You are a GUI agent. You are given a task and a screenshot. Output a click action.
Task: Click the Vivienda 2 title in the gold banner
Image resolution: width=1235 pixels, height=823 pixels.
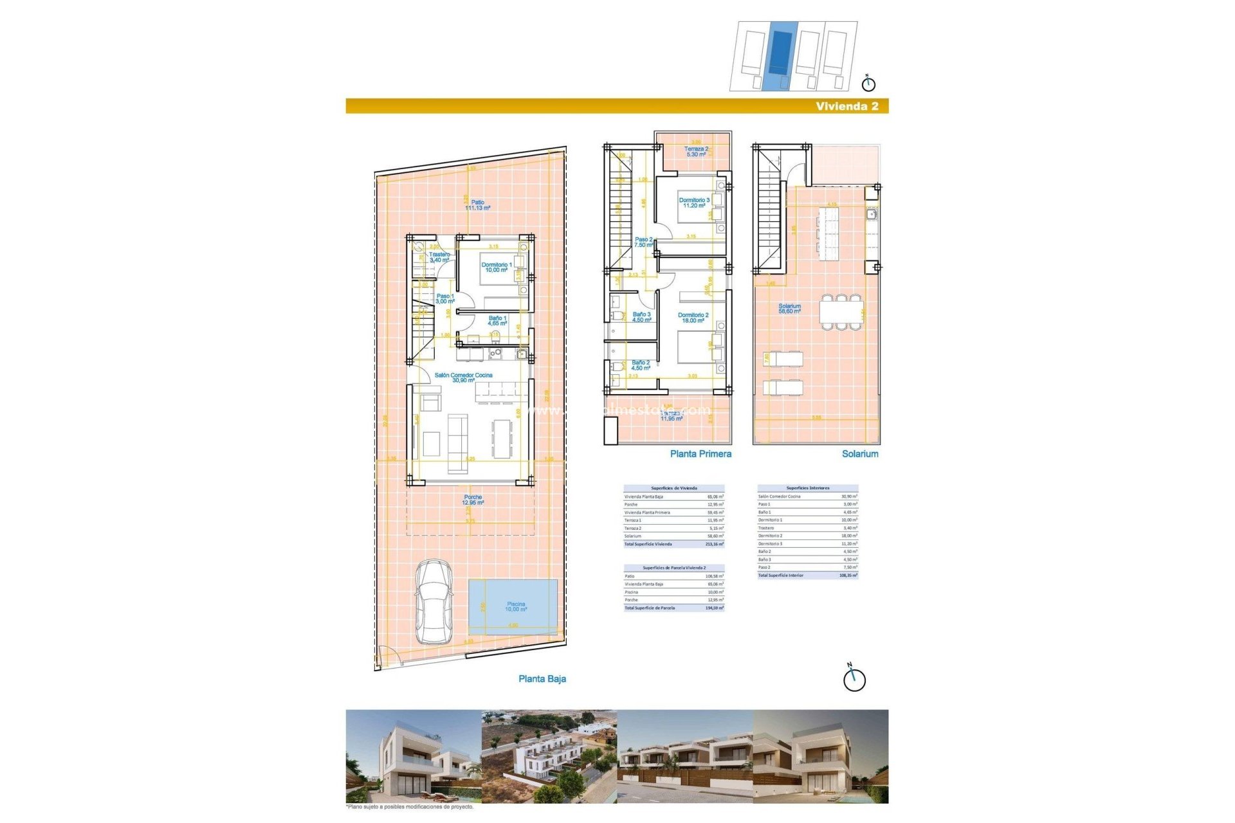point(846,106)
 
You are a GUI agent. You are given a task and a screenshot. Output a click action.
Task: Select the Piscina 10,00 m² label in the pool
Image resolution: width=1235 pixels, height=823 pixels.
point(516,606)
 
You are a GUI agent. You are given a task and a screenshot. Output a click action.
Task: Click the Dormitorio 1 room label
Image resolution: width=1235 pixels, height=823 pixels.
point(497,267)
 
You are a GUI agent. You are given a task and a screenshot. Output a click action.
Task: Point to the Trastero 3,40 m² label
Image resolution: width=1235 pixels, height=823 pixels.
point(439,257)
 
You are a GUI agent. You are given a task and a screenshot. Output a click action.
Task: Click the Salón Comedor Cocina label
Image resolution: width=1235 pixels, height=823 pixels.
point(463,377)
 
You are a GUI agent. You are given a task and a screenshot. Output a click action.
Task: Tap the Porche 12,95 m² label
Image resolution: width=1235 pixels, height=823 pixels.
point(473,500)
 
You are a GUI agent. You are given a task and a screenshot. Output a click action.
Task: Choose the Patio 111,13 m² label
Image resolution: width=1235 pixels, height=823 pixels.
point(477,205)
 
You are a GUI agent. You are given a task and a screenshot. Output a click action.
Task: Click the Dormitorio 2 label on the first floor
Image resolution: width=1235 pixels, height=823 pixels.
point(693,318)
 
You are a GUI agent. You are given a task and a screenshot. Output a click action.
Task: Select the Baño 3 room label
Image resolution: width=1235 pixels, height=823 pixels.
point(641,317)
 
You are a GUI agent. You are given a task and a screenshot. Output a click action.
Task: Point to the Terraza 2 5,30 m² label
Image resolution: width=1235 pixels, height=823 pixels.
point(696,152)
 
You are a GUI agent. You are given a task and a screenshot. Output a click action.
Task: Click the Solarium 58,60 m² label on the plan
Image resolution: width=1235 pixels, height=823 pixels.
point(789,309)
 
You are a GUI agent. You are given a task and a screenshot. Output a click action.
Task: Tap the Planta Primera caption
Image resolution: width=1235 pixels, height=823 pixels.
point(700,454)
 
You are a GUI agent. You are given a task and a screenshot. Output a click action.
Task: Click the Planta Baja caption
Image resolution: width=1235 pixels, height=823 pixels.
point(542,679)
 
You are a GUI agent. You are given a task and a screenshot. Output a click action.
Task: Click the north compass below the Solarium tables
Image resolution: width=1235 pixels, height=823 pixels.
point(854,679)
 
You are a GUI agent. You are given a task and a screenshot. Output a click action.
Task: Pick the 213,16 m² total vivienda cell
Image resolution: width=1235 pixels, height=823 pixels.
point(714,544)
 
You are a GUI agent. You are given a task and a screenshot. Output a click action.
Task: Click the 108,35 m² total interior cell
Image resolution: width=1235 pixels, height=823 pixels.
point(848,575)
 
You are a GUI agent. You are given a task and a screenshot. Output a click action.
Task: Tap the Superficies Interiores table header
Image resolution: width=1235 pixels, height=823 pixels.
point(807,488)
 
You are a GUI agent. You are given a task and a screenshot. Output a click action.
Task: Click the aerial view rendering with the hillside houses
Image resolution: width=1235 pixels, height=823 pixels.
point(549,756)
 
